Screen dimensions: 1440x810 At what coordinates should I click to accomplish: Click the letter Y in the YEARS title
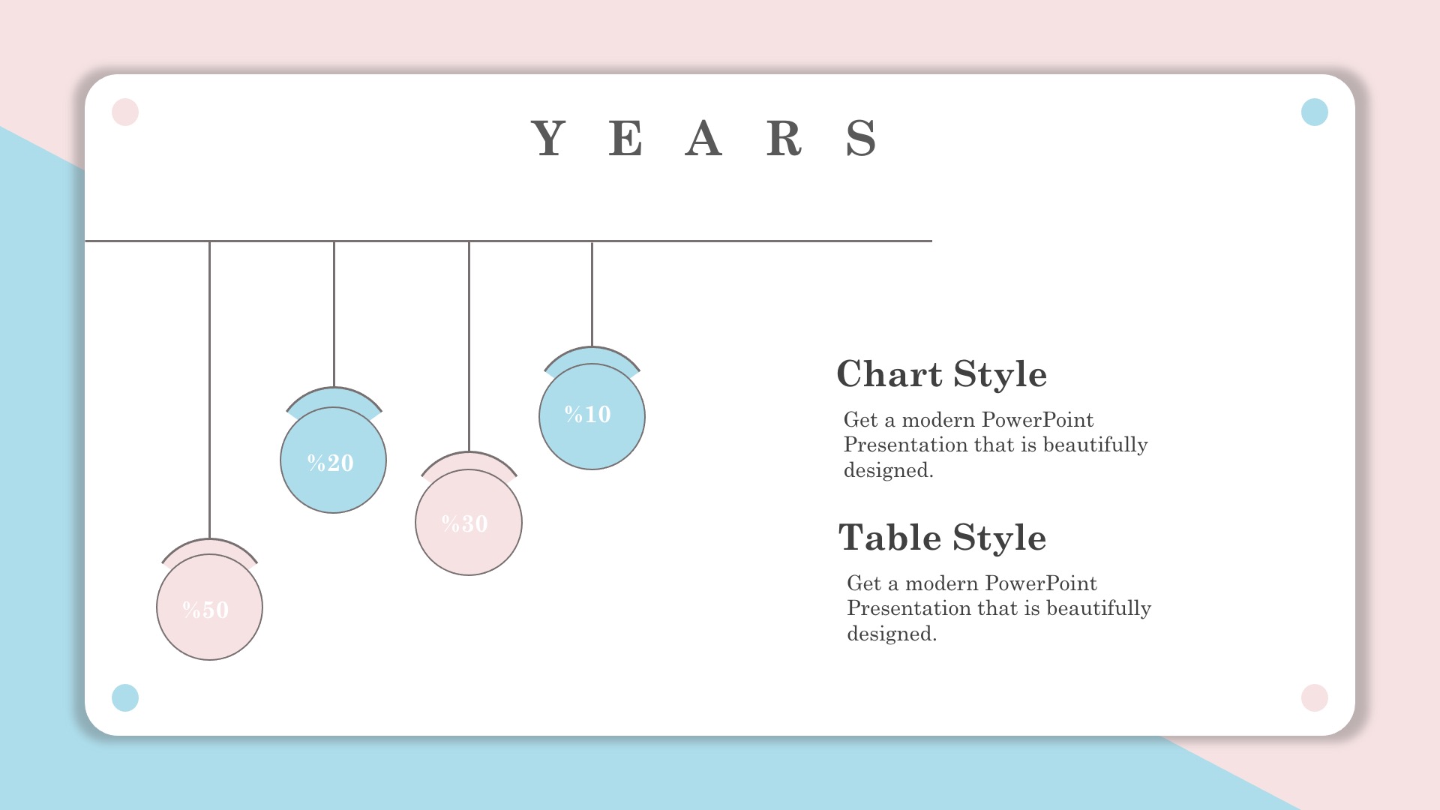(548, 138)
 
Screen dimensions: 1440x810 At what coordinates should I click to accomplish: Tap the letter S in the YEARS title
(861, 138)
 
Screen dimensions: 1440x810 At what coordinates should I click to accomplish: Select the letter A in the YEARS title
(703, 138)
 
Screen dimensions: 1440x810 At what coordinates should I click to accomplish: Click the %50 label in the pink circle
(205, 610)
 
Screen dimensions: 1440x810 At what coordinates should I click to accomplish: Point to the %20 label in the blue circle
(331, 463)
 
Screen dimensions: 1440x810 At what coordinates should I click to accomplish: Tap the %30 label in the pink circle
(465, 523)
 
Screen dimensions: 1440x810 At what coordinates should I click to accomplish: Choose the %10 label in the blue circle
(588, 414)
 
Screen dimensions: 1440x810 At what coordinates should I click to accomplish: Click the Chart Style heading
(942, 374)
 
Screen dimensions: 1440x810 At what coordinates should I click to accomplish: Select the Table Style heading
(943, 538)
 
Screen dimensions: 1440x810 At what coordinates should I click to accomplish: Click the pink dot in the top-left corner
(125, 112)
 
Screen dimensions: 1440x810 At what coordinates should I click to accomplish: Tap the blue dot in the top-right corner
(1315, 112)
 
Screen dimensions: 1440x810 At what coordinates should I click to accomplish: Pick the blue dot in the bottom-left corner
(125, 697)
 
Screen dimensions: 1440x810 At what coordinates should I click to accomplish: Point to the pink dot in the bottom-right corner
(1315, 697)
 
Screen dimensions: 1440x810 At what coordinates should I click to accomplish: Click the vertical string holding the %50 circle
(209, 390)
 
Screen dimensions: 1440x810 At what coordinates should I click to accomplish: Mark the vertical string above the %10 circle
(592, 294)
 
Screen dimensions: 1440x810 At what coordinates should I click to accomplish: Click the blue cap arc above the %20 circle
(334, 396)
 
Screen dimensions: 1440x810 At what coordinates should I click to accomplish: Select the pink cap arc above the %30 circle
(469, 460)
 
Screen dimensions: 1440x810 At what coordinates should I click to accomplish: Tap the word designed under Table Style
(892, 634)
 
